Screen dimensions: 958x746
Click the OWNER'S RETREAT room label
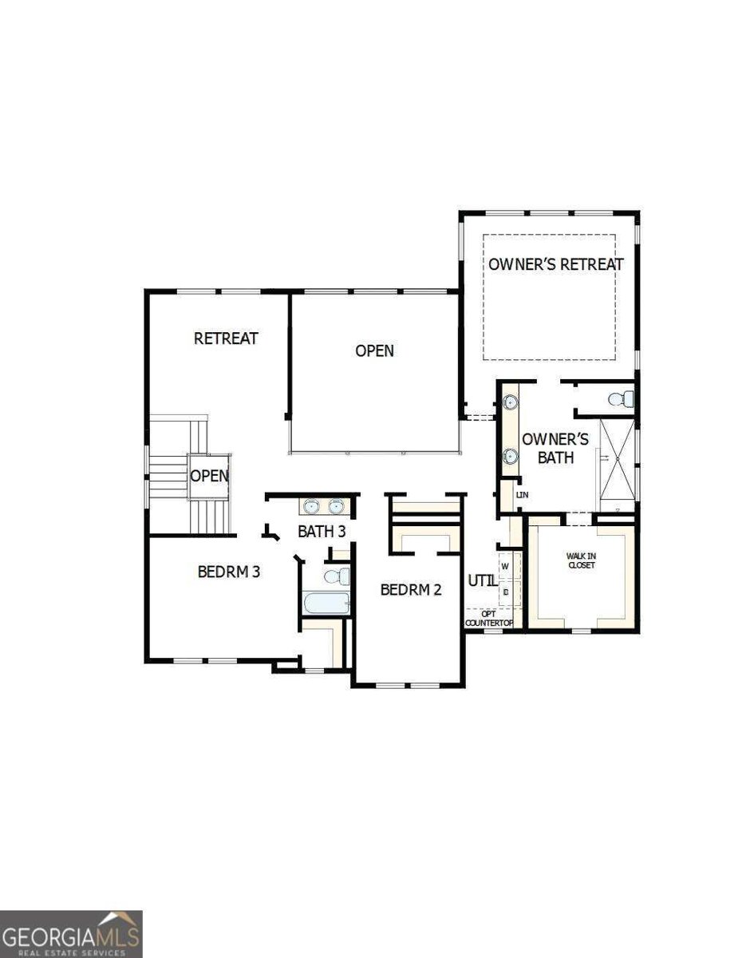[x=556, y=264]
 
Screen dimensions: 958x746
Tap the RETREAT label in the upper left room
[x=227, y=338]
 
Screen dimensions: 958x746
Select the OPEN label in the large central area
[x=375, y=350]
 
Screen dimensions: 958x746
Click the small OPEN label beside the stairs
[x=209, y=476]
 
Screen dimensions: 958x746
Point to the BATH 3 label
[x=322, y=531]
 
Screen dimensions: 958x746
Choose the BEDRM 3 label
[x=229, y=572]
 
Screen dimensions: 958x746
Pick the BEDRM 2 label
[x=411, y=590]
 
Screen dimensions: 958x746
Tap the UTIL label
[x=481, y=580]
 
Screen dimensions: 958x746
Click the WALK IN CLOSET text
[x=581, y=560]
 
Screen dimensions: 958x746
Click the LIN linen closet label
[x=523, y=495]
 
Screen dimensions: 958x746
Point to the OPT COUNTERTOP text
[x=488, y=618]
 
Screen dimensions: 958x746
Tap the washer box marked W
[x=505, y=566]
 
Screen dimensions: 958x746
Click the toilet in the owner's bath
[x=620, y=398]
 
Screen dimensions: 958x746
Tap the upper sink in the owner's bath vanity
[x=510, y=402]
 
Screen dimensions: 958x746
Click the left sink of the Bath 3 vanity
[x=310, y=506]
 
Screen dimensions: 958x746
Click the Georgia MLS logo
[x=71, y=933]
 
